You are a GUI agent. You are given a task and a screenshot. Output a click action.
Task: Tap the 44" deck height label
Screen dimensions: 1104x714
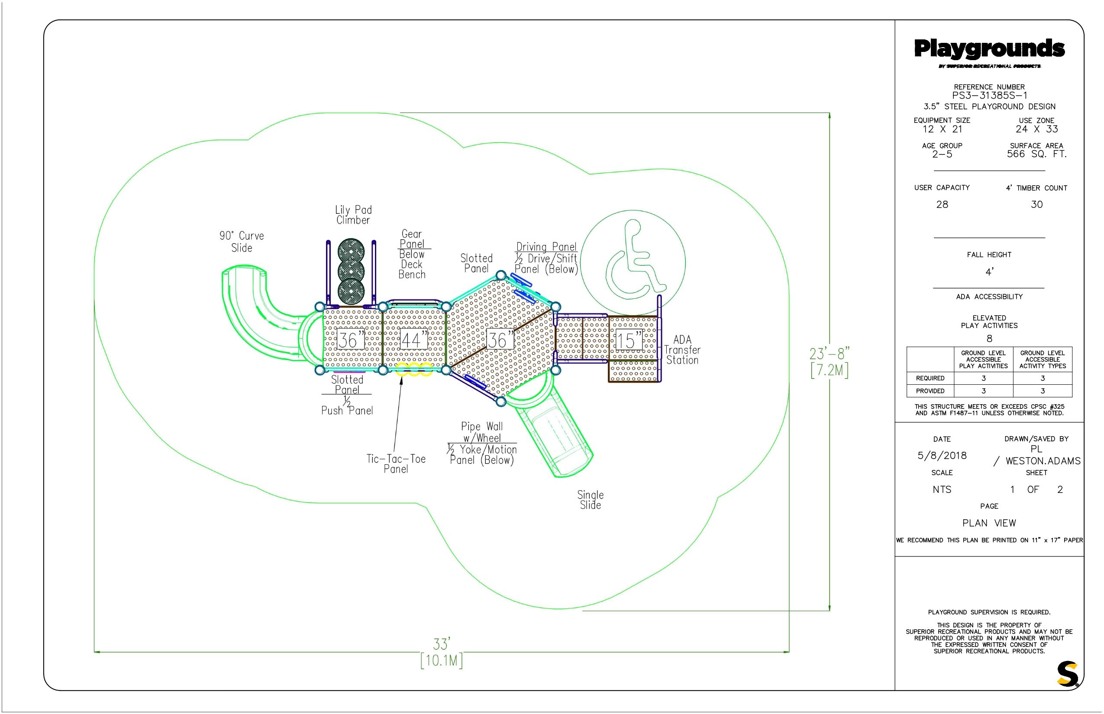(413, 340)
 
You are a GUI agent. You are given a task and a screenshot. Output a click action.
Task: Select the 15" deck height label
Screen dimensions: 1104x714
(629, 340)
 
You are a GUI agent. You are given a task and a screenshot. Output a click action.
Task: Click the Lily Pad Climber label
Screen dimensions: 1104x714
(353, 215)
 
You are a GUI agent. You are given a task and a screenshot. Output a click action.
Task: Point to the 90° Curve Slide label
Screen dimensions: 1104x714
(242, 241)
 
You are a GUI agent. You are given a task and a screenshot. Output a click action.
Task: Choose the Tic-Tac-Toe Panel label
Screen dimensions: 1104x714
(396, 463)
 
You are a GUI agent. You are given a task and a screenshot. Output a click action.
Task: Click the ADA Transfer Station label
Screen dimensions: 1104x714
(682, 350)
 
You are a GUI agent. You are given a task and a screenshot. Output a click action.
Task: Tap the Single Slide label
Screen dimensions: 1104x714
(591, 500)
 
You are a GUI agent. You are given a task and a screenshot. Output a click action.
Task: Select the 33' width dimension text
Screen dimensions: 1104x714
(442, 644)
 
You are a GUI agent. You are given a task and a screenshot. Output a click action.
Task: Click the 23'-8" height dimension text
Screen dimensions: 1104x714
(830, 354)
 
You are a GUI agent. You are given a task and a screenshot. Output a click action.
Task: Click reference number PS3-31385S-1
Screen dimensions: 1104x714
(989, 96)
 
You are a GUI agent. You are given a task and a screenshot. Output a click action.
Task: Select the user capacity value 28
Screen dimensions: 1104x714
(942, 204)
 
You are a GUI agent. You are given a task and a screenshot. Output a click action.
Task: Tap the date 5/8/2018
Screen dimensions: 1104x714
(942, 455)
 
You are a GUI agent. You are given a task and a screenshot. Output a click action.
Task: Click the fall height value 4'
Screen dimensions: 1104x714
(989, 272)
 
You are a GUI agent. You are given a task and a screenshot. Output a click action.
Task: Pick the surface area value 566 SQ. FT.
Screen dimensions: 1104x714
(1037, 154)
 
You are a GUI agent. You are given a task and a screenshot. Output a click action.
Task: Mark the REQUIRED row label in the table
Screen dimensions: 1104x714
(930, 378)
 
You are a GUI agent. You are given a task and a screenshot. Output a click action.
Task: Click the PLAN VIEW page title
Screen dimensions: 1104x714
(989, 523)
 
